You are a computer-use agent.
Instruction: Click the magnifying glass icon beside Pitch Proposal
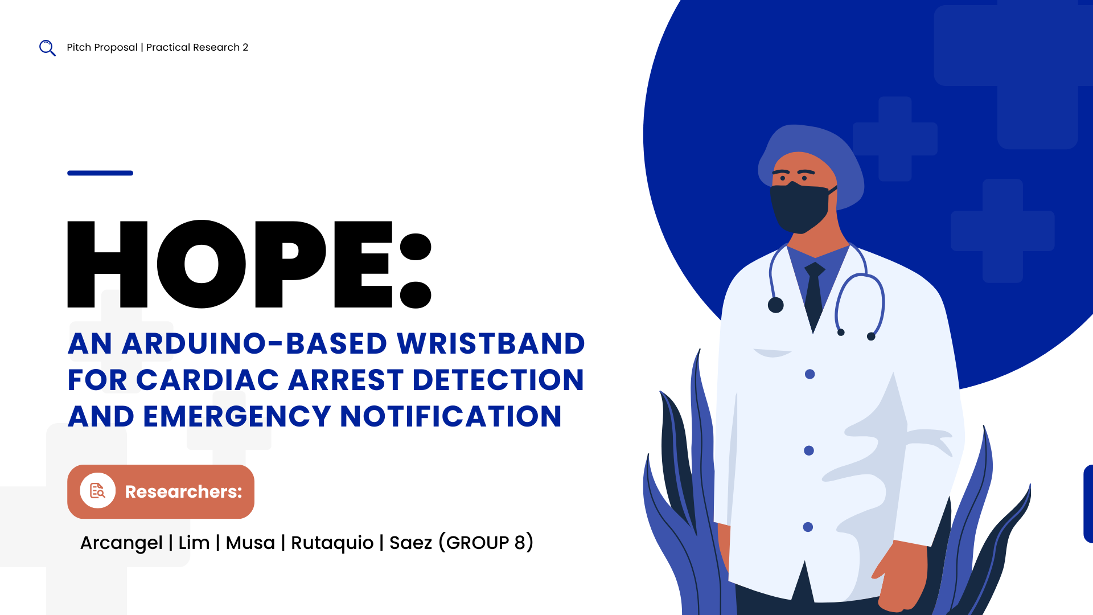[47, 48]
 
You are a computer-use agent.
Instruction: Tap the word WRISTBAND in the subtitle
[491, 343]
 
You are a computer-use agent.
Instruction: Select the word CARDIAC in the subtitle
[208, 380]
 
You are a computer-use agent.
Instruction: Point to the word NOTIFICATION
[451, 416]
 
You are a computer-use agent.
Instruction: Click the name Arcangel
[121, 543]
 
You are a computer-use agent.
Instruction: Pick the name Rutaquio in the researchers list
[332, 543]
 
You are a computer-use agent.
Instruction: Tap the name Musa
[250, 543]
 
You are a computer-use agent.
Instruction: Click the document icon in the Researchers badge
[98, 491]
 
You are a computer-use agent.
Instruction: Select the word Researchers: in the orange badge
[183, 491]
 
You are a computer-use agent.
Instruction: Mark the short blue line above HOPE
[100, 173]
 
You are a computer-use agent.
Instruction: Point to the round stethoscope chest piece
[775, 305]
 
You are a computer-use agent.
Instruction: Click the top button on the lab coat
[810, 374]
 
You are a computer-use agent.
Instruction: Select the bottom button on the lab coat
[808, 527]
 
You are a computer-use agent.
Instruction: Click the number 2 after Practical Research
[245, 47]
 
